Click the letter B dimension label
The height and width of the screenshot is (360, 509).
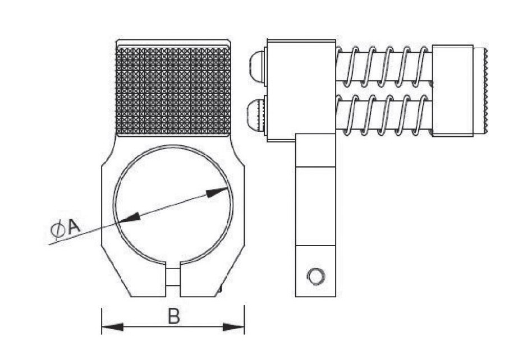point(173,316)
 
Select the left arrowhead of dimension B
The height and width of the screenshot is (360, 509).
point(113,326)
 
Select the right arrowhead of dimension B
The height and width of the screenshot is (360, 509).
point(233,326)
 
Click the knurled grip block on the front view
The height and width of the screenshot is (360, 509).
point(173,91)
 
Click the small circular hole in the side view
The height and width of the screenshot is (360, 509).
point(316,276)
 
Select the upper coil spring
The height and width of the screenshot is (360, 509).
point(384,67)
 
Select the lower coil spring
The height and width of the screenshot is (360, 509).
point(384,115)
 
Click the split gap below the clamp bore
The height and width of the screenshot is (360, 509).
point(173,278)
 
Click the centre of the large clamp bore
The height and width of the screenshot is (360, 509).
point(173,204)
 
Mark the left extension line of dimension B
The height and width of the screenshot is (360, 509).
point(102,321)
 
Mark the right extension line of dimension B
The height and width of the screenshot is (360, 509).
point(245,320)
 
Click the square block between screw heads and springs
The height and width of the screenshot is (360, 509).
point(301,90)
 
